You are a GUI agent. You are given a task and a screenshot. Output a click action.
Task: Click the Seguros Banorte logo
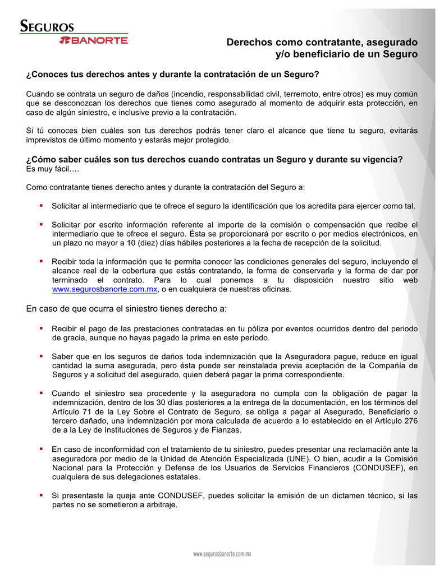(74, 33)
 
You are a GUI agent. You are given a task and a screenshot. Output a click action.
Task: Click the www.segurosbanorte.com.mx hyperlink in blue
(104, 290)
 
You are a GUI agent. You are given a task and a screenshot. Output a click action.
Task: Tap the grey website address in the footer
(222, 553)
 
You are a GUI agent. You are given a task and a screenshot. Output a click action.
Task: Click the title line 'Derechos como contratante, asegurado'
(322, 42)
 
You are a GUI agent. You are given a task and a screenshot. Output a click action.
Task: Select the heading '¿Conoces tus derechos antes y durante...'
(173, 74)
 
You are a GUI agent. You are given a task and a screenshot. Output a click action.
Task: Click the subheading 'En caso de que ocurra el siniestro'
(126, 309)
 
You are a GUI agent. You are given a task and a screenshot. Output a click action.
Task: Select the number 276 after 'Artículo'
(410, 421)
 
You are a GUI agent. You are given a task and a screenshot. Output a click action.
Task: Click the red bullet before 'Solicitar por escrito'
(42, 224)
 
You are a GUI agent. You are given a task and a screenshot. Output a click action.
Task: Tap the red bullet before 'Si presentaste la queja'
(42, 496)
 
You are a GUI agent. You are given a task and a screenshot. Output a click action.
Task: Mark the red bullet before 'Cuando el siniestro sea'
(42, 392)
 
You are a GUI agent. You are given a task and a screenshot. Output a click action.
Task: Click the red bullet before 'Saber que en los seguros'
(42, 356)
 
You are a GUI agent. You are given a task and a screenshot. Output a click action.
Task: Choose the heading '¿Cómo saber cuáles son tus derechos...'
(214, 159)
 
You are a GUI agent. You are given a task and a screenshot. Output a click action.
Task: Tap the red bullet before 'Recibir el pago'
(42, 328)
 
